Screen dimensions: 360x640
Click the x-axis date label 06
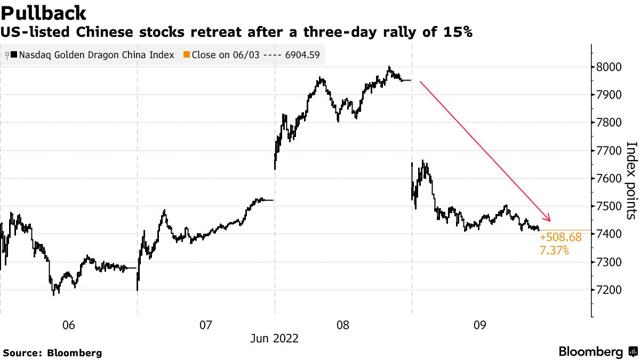click(68, 325)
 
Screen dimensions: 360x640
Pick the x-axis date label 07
click(206, 325)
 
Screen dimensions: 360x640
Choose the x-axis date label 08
click(343, 325)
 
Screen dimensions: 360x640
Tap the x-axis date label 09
click(480, 325)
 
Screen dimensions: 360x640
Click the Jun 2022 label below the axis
click(275, 339)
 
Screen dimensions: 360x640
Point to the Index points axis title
click(631, 180)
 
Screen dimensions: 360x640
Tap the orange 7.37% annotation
click(554, 250)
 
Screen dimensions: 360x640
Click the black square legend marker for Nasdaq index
click(13, 54)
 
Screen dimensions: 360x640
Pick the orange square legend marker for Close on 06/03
click(186, 54)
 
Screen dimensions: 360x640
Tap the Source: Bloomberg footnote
click(52, 353)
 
